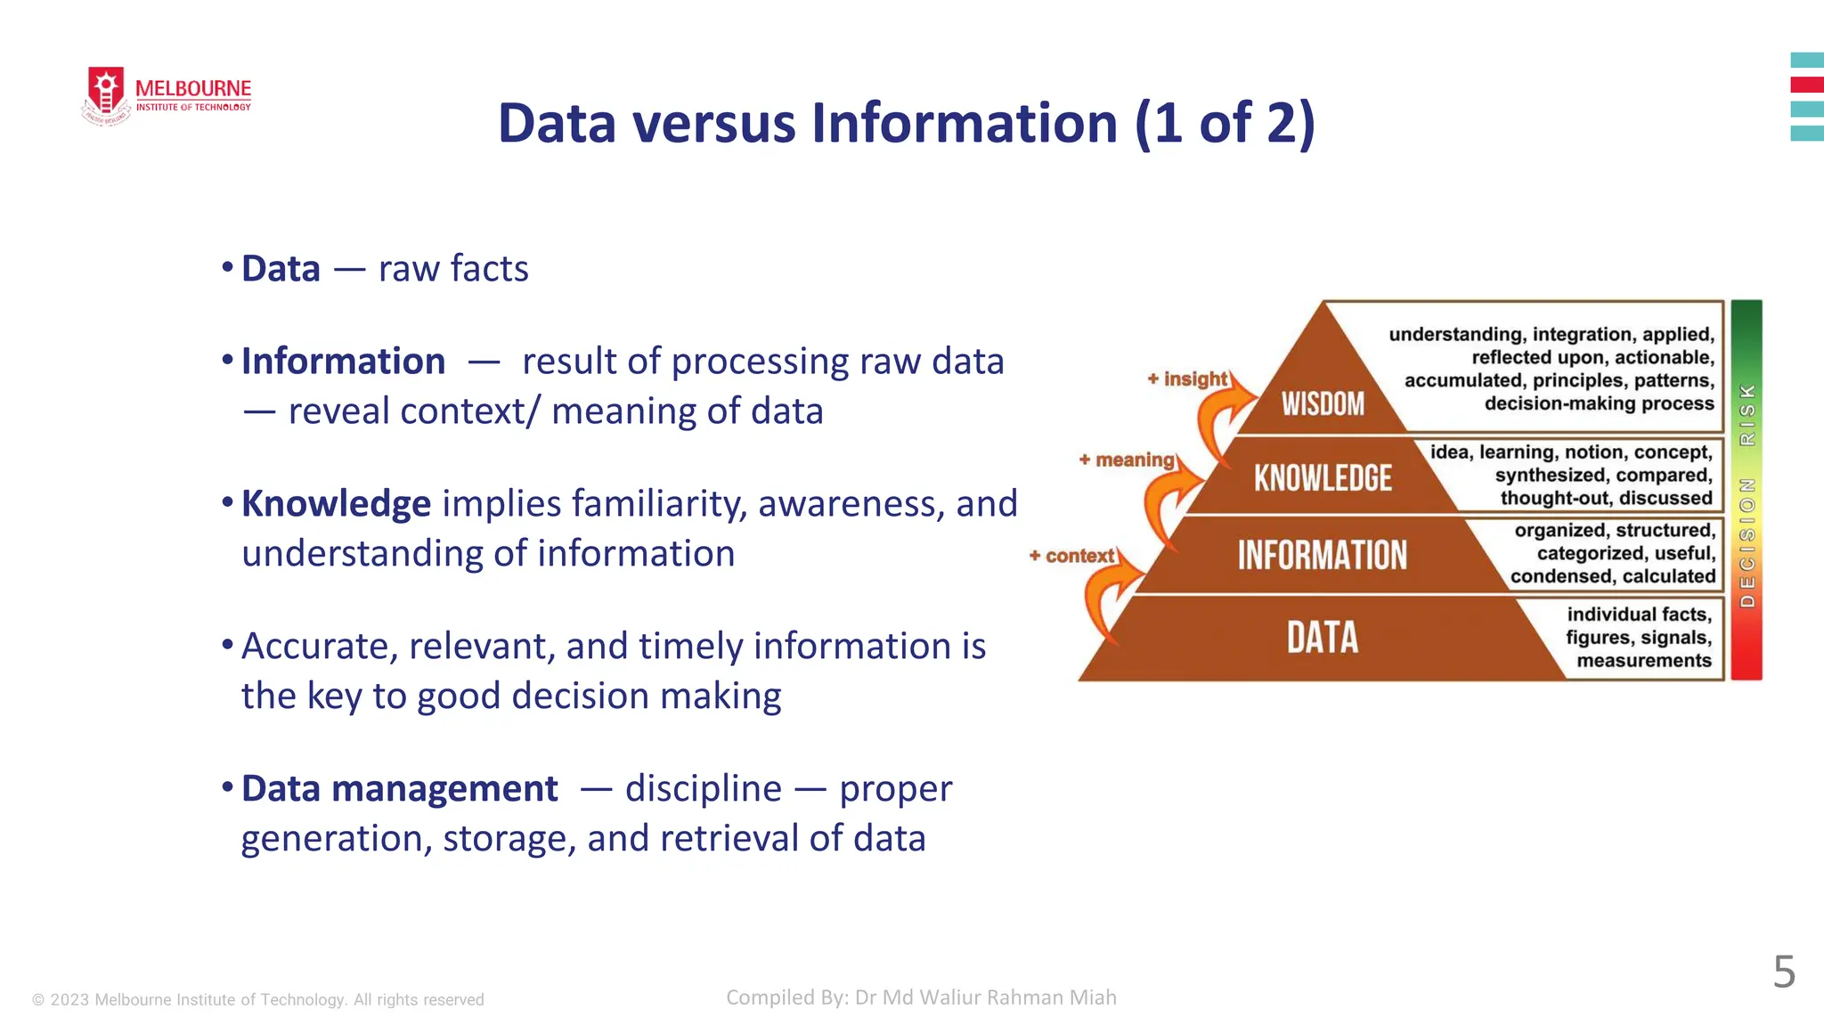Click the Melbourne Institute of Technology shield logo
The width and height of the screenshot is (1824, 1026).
[x=106, y=94]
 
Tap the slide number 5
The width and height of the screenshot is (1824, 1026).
[x=1784, y=972]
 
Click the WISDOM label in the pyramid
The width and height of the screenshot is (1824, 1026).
[x=1323, y=404]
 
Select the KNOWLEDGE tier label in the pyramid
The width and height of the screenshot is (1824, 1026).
[x=1323, y=478]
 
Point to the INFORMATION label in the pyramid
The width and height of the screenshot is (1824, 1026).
[x=1323, y=555]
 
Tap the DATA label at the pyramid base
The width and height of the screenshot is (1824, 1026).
[x=1323, y=638]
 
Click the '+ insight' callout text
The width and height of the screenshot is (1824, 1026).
[x=1188, y=379]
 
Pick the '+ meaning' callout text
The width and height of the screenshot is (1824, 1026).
[x=1127, y=460]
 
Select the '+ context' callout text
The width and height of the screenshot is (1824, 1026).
[x=1072, y=557]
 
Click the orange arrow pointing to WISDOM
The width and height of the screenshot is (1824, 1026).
[x=1222, y=419]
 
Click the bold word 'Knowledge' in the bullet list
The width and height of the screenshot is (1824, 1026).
[x=336, y=504]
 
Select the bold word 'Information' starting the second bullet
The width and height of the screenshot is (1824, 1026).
[x=343, y=362]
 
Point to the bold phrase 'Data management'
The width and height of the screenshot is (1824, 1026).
[x=399, y=789]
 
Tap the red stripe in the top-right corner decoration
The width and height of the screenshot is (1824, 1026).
[x=1807, y=85]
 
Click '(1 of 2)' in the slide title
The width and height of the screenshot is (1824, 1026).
[x=1225, y=123]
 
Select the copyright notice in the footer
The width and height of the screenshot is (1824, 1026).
[x=258, y=1000]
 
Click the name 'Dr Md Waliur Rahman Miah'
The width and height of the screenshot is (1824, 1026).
[x=985, y=997]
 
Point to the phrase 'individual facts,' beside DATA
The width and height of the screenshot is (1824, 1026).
[x=1639, y=615]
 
